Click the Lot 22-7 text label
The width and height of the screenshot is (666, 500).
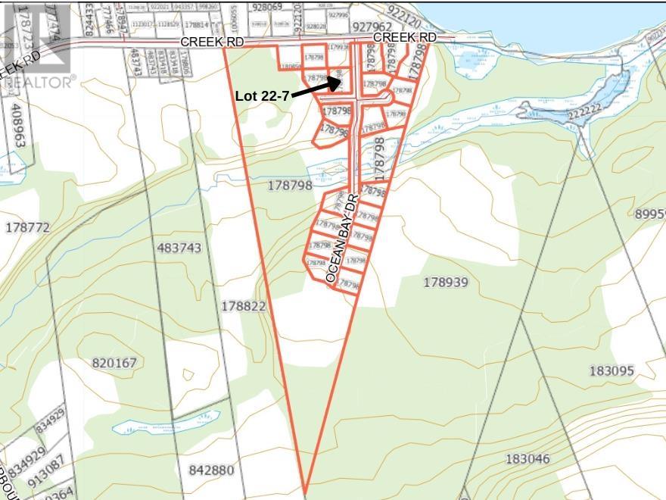click(x=262, y=95)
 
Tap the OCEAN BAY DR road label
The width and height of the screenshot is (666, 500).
click(x=341, y=239)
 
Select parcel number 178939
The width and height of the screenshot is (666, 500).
click(x=446, y=283)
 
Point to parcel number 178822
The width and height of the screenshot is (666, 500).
click(x=244, y=306)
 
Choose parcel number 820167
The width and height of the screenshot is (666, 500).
click(x=114, y=363)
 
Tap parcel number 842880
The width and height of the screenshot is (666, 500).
click(x=211, y=470)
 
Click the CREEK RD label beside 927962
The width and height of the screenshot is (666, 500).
click(x=406, y=37)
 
